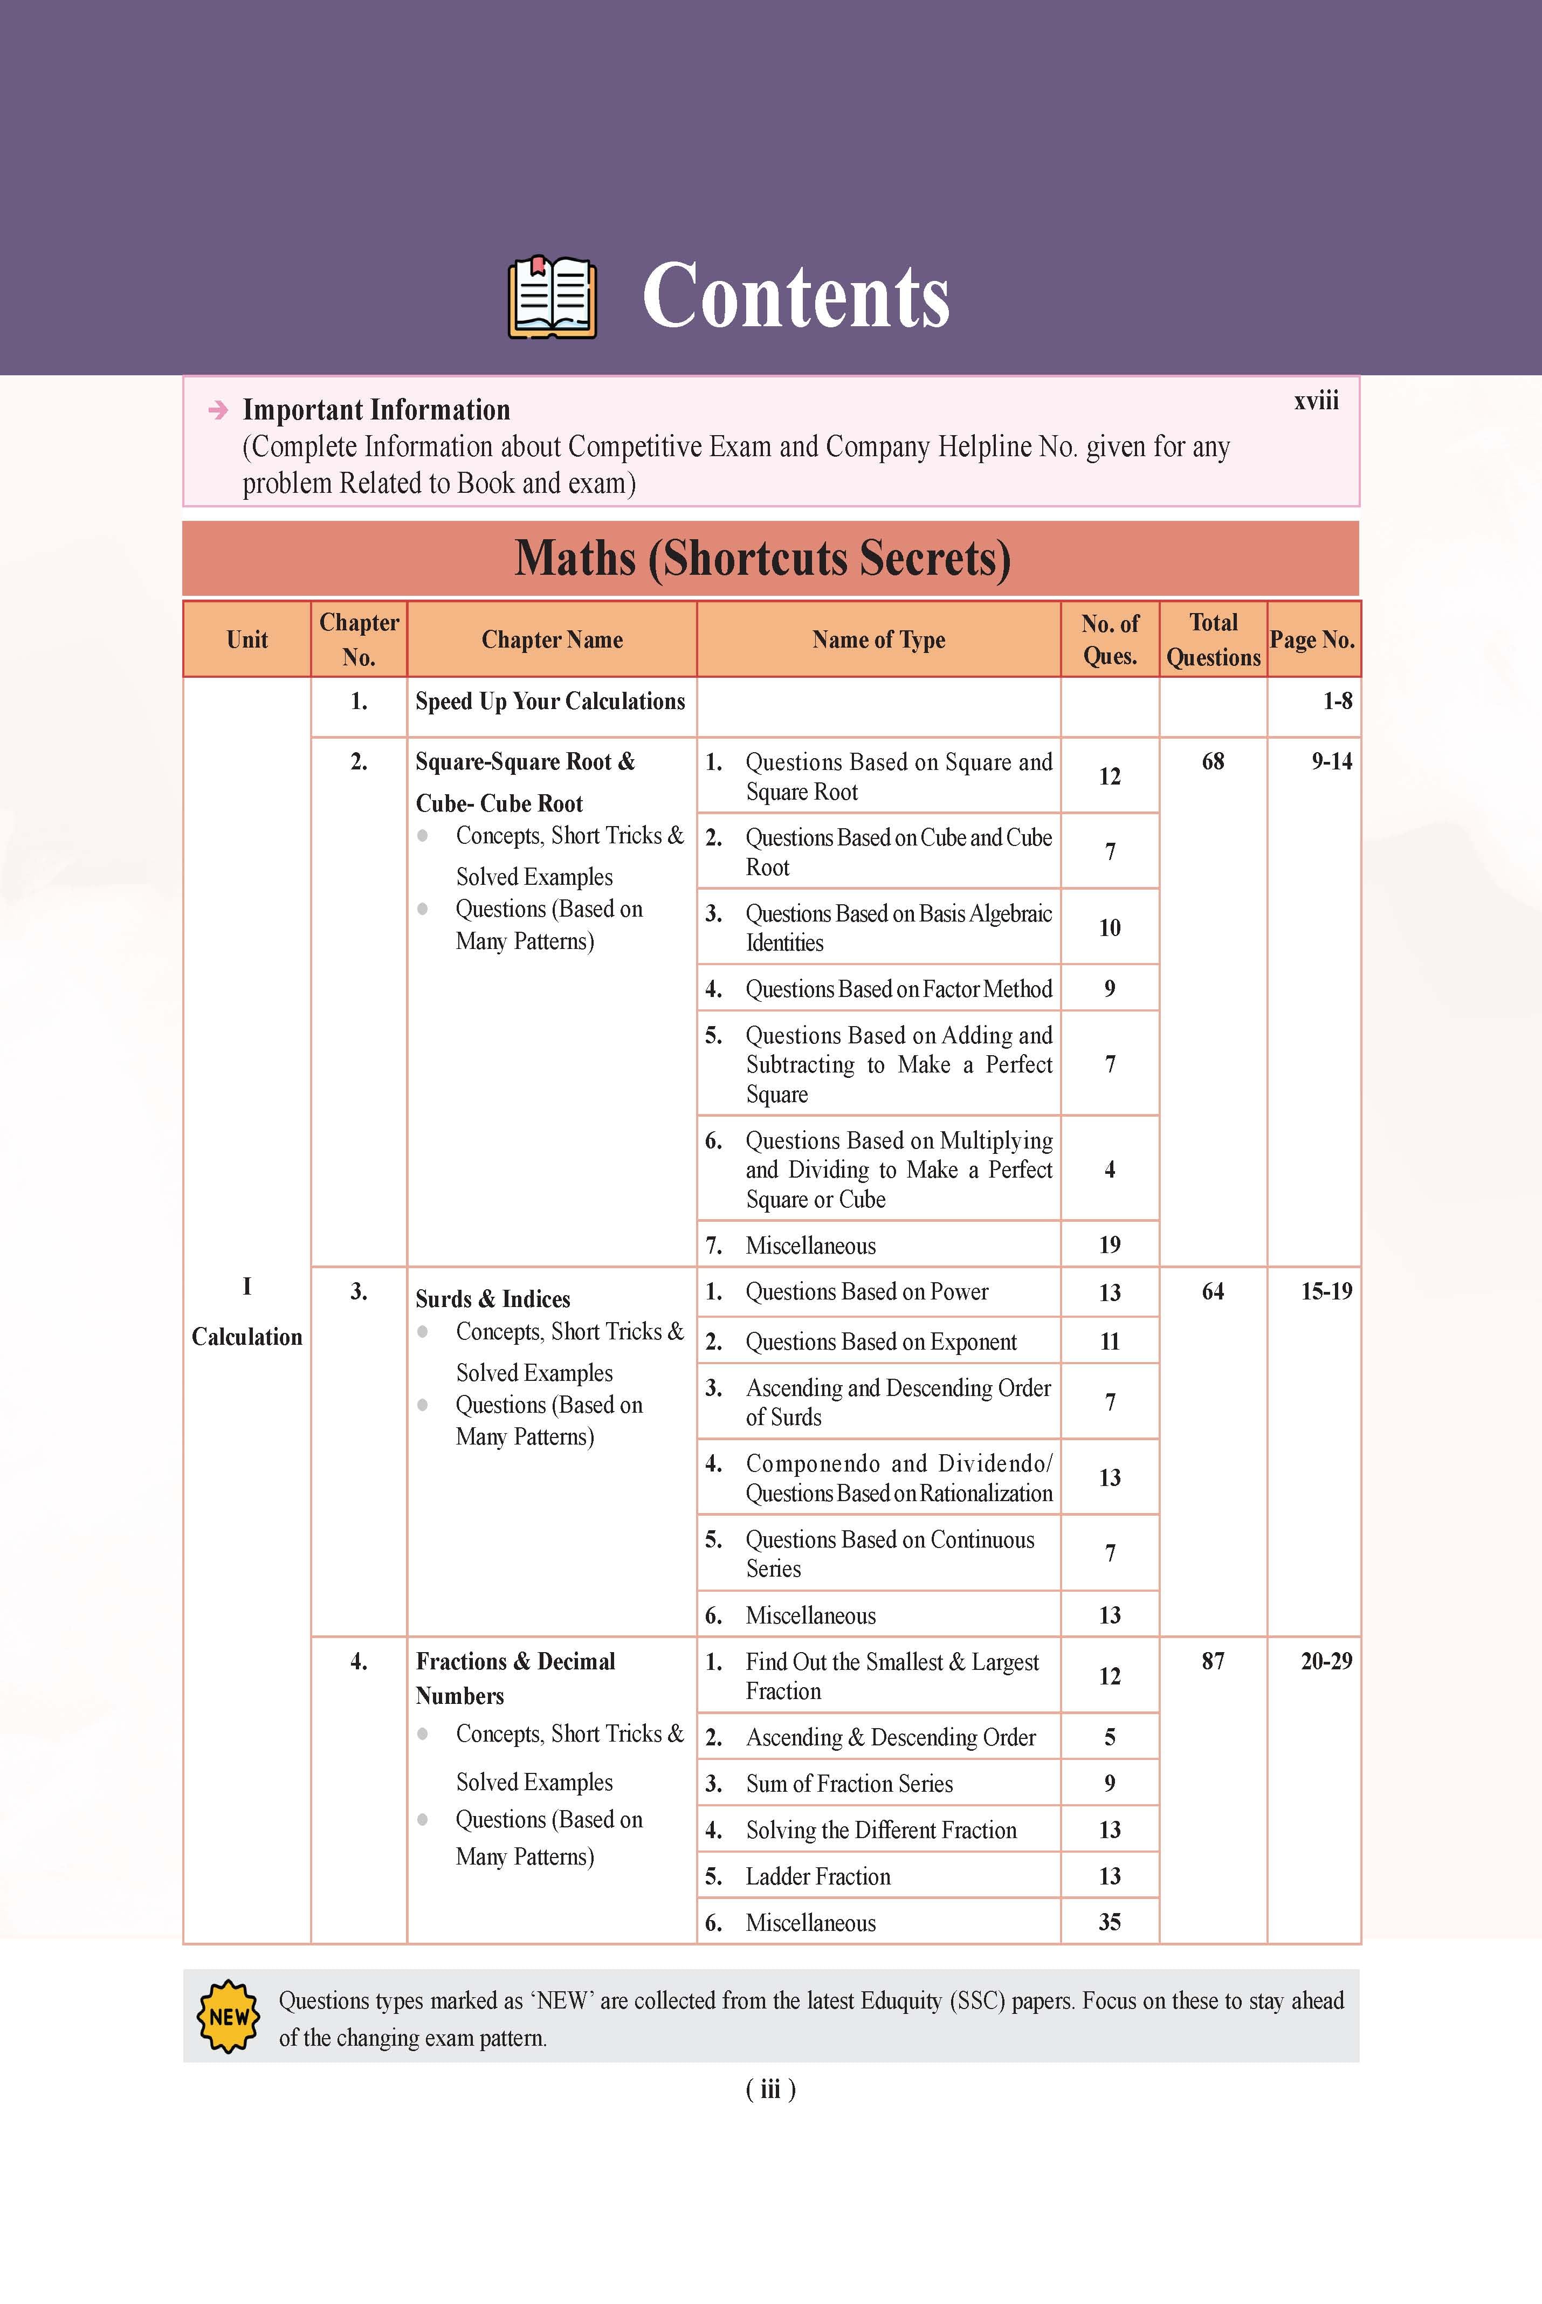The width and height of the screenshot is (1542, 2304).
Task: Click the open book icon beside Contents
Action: (552, 297)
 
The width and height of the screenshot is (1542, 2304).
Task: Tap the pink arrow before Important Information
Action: (218, 410)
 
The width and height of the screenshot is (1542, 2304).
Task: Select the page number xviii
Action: (1316, 401)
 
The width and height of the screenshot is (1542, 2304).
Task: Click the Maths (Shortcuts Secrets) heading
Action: (763, 559)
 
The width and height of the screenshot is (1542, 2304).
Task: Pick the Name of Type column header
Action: (878, 640)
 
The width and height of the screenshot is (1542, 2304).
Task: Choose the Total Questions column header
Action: (1213, 640)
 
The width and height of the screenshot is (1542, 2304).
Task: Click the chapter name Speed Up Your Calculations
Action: (550, 701)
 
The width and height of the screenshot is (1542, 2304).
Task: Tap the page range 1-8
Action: (1337, 701)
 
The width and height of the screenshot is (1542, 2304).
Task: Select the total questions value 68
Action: (1213, 761)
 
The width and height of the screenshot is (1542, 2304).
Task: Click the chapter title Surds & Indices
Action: (493, 1299)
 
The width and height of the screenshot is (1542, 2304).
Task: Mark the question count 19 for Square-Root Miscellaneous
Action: (1109, 1245)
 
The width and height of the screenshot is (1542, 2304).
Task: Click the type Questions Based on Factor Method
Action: (898, 989)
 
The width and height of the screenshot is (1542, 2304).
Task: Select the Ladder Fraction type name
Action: (817, 1876)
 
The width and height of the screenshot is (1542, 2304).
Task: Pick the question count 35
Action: (1109, 1922)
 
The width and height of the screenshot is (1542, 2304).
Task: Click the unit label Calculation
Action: (247, 1336)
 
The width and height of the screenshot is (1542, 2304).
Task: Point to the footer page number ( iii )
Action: (770, 2089)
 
